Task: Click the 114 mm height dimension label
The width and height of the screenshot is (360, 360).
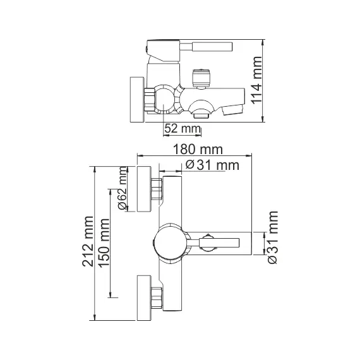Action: (x=274, y=81)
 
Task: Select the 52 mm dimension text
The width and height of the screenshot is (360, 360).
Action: (x=182, y=129)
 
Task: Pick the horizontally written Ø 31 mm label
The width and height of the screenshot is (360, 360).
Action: (x=212, y=165)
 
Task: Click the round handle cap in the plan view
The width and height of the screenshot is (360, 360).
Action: (x=170, y=240)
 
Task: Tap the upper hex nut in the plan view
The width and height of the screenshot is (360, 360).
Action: (x=156, y=188)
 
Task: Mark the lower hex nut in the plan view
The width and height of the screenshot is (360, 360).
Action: (x=156, y=295)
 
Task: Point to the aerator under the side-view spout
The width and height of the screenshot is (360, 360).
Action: (x=201, y=114)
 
